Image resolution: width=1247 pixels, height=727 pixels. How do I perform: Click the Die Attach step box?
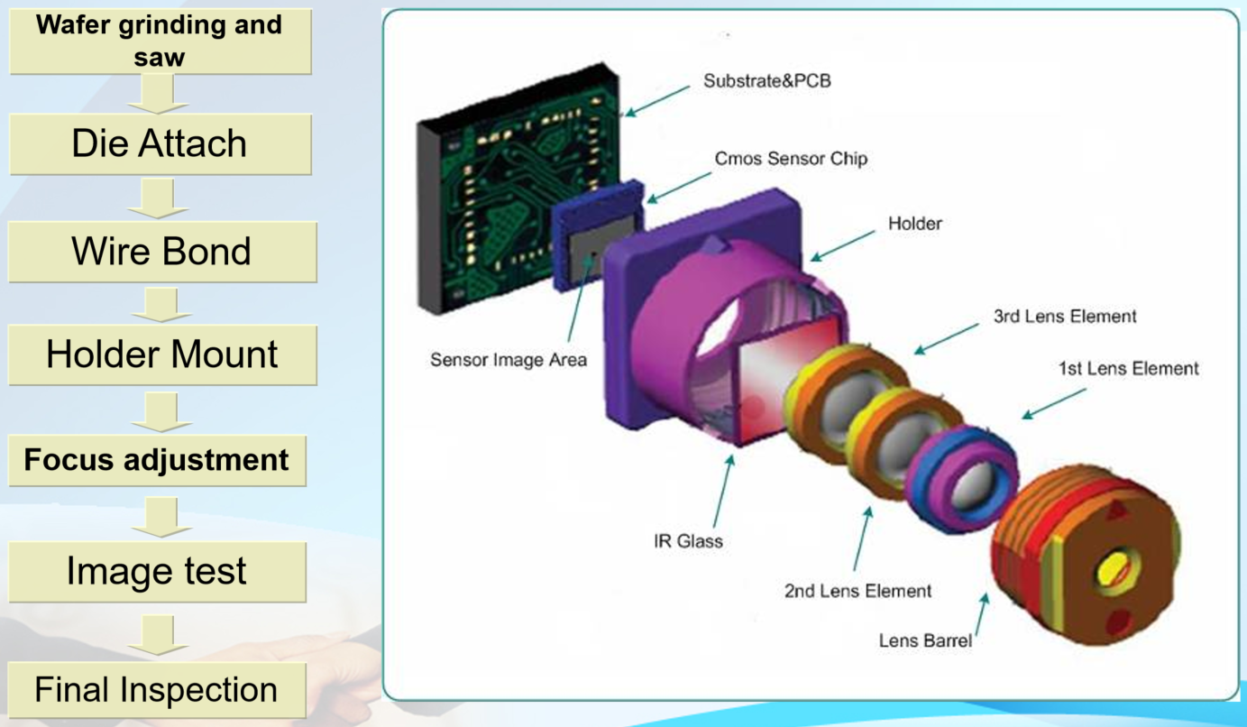[x=160, y=143]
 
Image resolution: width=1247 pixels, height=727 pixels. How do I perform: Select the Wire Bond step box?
[x=161, y=251]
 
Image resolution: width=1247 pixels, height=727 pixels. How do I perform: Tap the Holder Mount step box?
[x=161, y=354]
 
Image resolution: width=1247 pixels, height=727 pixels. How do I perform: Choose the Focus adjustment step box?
[x=157, y=460]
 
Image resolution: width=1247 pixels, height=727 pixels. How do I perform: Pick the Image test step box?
[x=156, y=572]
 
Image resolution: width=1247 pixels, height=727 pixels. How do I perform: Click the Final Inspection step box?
[x=156, y=690]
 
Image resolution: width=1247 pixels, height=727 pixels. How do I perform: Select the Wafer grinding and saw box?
[x=159, y=41]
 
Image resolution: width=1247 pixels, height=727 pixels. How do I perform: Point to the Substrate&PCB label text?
[x=766, y=81]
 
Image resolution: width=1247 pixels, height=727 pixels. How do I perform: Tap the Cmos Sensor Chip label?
[x=791, y=159]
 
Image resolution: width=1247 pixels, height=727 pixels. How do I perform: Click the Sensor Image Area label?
[x=508, y=360]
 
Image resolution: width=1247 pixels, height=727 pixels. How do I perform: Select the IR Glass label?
[x=688, y=542]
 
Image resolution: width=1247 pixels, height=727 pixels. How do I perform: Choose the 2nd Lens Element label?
[x=857, y=592]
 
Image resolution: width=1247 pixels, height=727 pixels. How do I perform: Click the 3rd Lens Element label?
[x=1064, y=317]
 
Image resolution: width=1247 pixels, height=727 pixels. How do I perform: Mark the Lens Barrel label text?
[x=925, y=641]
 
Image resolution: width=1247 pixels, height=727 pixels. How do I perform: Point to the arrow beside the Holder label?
[x=842, y=244]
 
